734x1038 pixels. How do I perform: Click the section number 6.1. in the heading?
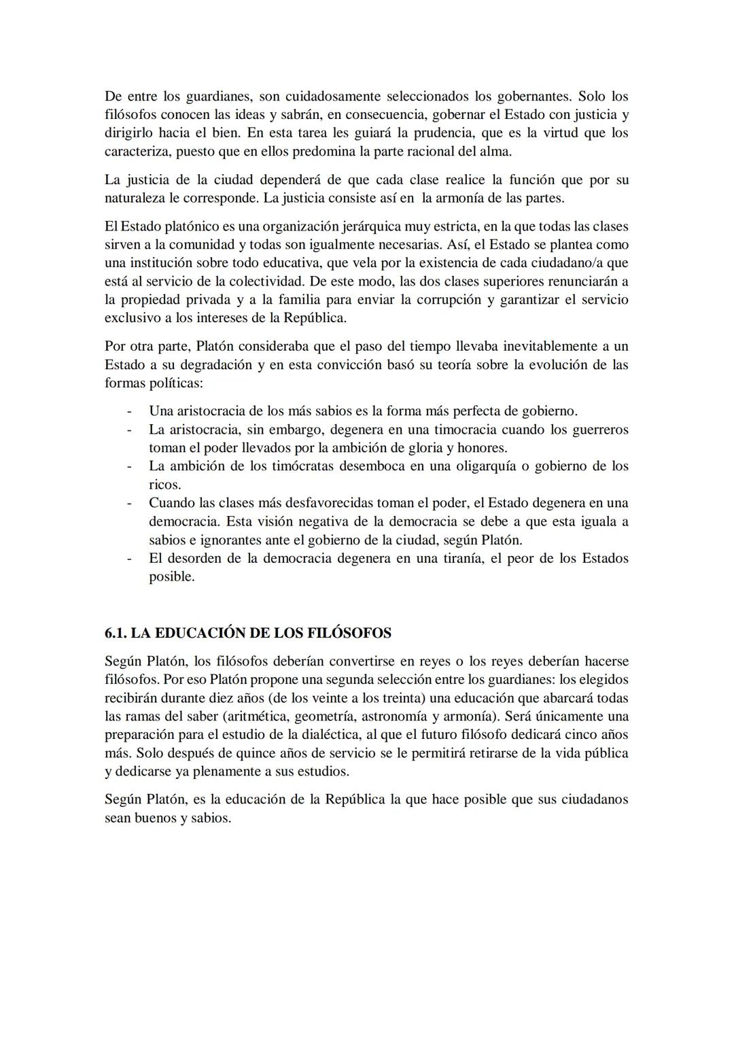click(x=116, y=633)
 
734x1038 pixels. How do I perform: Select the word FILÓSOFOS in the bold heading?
click(x=349, y=633)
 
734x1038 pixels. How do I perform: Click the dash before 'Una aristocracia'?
click(x=129, y=411)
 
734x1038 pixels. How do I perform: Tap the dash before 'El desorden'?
click(x=129, y=558)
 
